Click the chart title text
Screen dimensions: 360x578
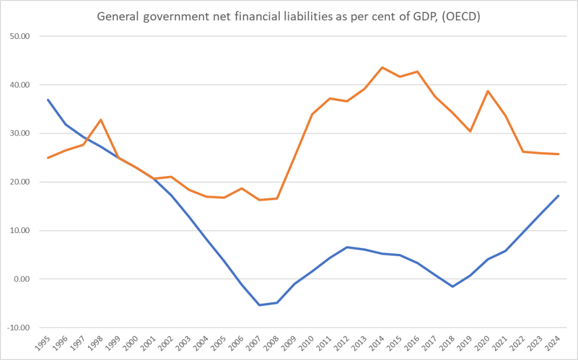point(288,17)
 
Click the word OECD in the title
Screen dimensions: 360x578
point(461,17)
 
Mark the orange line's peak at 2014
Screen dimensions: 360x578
point(382,68)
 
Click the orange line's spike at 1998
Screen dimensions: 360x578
point(100,120)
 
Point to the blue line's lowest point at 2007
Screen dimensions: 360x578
point(259,305)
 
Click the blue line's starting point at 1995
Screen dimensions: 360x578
point(48,100)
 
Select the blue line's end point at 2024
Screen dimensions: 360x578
point(558,196)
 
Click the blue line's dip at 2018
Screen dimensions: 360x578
point(453,287)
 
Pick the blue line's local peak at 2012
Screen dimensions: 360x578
point(347,247)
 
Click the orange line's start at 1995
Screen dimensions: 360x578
point(48,157)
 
